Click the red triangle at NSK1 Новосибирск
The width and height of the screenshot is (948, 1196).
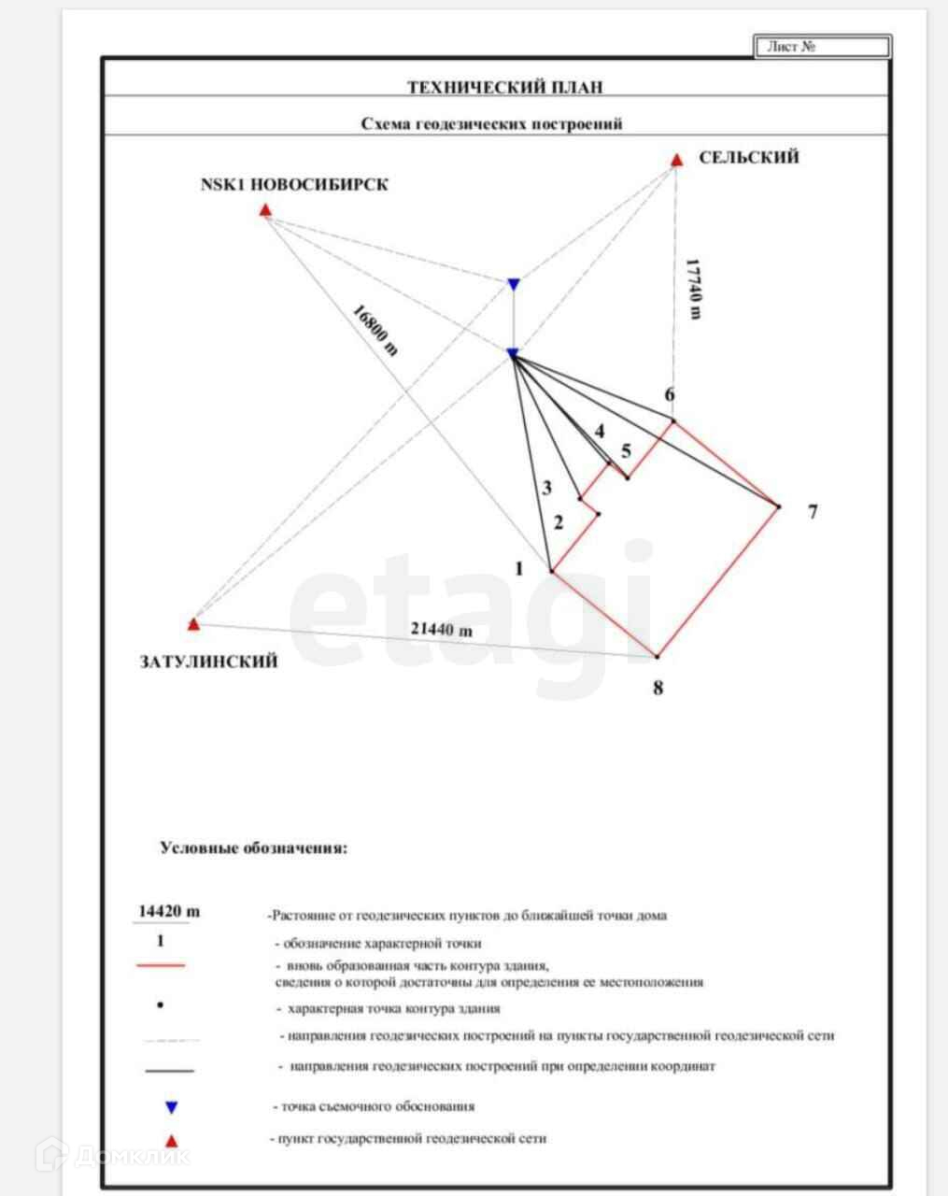265,210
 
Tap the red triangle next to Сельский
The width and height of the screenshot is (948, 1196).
676,160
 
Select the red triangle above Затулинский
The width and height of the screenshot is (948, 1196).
193,623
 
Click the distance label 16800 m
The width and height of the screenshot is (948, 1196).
375,330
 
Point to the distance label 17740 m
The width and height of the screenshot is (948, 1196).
692,289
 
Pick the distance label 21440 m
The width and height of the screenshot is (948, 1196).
442,630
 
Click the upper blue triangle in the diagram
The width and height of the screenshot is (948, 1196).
513,284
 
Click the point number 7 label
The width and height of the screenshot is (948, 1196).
813,512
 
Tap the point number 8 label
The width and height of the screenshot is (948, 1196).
658,689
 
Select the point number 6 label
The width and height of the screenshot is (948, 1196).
669,395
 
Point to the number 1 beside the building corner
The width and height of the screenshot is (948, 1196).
519,568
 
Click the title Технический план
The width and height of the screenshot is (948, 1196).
504,88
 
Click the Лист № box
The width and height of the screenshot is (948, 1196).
822,47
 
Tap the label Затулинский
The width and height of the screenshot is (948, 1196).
208,662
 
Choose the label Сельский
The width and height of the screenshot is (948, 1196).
749,158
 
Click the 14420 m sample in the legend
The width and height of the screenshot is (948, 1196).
169,911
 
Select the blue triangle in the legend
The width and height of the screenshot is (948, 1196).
171,1108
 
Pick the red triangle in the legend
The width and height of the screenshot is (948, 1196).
171,1140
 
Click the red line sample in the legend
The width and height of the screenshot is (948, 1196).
161,965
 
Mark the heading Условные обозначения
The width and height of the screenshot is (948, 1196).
254,849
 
